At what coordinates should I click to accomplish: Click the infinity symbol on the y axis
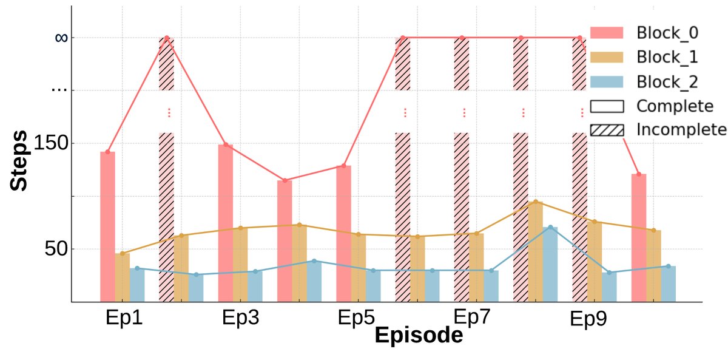point(61,38)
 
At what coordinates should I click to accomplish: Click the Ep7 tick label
point(473,318)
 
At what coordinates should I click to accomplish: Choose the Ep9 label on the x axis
point(588,319)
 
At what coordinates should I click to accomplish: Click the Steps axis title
point(19,160)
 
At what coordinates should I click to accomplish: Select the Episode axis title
point(419,335)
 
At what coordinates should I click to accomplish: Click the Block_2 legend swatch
point(607,82)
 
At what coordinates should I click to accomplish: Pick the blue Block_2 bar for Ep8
point(550,264)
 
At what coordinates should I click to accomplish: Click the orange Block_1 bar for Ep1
point(122,277)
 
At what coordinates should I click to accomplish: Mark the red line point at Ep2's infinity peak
point(166,38)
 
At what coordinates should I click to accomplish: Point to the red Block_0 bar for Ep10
point(639,237)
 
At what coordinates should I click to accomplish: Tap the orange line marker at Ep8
point(535,202)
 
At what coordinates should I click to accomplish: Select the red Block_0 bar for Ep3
point(226,223)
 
